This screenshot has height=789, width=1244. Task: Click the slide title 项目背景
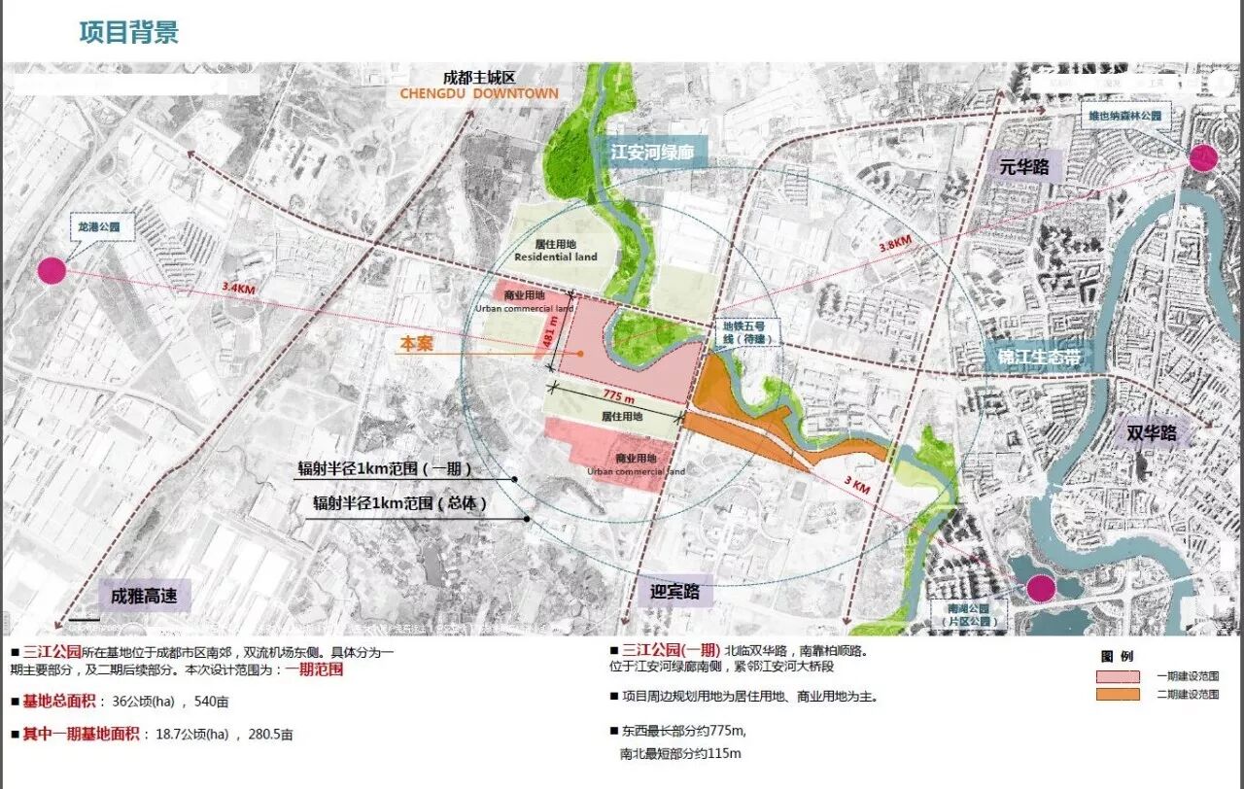tap(129, 32)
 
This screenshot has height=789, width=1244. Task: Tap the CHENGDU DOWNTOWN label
tap(479, 93)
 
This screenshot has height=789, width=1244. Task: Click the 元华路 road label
tap(1024, 167)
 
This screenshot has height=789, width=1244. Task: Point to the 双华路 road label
tap(1152, 432)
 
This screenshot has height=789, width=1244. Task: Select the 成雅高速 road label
tap(144, 596)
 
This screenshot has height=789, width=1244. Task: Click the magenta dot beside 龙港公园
tap(52, 270)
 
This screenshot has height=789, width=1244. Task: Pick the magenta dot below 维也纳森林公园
tap(1203, 157)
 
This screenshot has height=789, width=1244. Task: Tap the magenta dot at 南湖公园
tap(1041, 588)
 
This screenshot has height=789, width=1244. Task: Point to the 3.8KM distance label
tap(894, 242)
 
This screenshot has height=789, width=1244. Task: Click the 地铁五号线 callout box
tap(743, 334)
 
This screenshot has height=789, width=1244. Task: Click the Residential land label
tap(556, 257)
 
